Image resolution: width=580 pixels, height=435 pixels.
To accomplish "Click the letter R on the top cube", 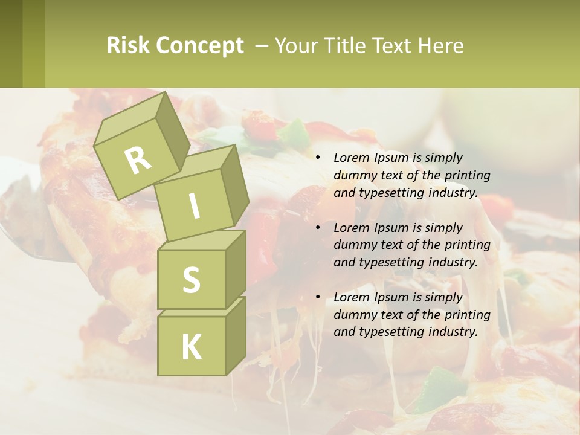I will coord(138,161).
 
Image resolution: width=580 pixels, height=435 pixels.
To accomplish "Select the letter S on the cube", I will coord(191,280).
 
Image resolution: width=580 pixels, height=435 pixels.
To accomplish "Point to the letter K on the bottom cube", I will coord(191,347).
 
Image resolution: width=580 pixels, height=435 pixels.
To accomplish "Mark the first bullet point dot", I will coord(318,158).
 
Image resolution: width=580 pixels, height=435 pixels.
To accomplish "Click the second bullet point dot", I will coord(318,228).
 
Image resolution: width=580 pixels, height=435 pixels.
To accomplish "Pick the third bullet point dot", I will coord(318,297).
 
